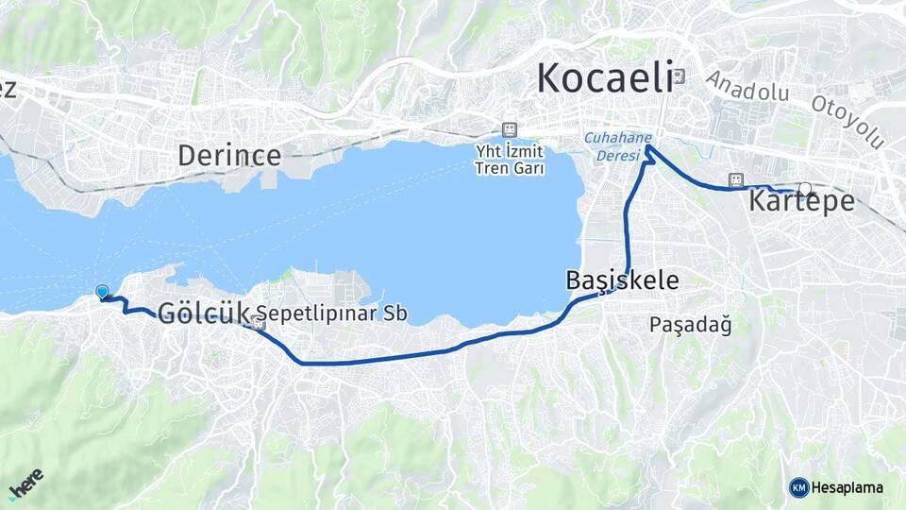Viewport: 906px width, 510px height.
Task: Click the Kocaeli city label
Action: [x=605, y=77]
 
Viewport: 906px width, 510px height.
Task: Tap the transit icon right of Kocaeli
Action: [x=680, y=77]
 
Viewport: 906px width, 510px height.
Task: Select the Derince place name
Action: [x=229, y=155]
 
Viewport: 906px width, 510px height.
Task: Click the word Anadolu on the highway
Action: [x=747, y=91]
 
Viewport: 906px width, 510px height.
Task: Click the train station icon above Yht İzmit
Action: [x=511, y=129]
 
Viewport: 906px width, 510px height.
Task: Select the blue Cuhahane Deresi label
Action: [x=618, y=144]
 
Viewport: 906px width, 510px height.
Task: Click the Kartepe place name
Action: [x=802, y=201]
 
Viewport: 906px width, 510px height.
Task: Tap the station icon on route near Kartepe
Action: [x=735, y=179]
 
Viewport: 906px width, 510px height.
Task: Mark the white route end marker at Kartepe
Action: [x=806, y=188]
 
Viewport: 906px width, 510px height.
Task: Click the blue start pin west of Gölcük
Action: [x=103, y=293]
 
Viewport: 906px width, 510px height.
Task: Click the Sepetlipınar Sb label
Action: [x=332, y=314]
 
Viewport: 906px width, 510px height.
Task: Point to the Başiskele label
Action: [x=622, y=280]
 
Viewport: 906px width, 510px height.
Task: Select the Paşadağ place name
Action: [x=691, y=325]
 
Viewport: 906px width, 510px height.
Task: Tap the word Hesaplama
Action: [x=847, y=487]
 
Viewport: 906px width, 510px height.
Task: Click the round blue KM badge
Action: [x=799, y=487]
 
